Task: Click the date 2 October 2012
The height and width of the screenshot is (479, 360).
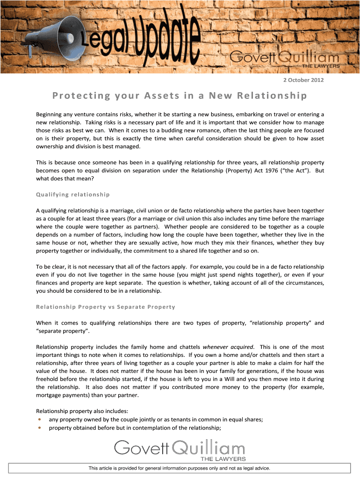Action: coord(303,80)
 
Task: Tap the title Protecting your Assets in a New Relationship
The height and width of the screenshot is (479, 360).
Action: coord(180,96)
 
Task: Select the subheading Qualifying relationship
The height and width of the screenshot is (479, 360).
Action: coord(72,194)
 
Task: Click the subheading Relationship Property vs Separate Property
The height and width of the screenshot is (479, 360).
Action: coord(105,307)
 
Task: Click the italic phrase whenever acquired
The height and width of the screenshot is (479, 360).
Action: coord(228,347)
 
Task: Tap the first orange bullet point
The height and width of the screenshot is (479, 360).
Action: coord(40,420)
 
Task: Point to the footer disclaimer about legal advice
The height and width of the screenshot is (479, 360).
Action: coord(180,468)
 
